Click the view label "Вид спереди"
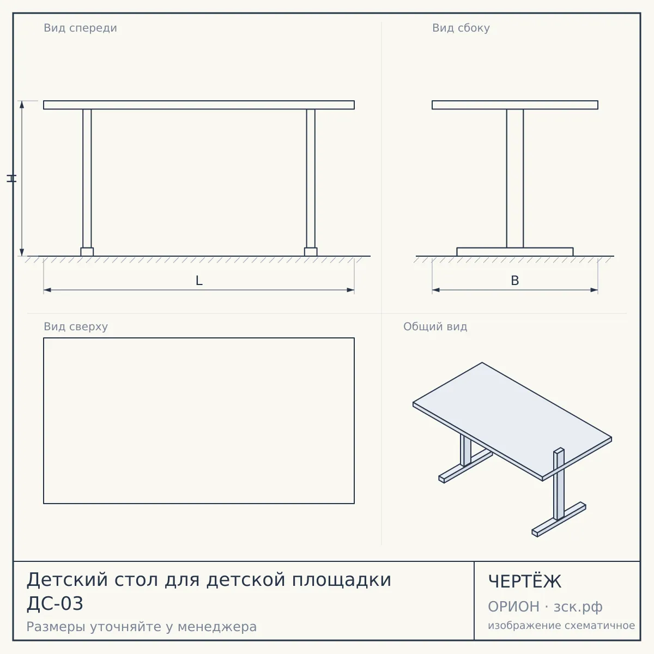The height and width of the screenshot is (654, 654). pos(81,28)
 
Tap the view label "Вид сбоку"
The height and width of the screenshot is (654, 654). pos(461,28)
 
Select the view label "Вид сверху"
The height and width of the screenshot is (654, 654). pos(76,326)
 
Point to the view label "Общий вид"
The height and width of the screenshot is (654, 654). pos(435,326)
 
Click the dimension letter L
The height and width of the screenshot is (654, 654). pos(199,281)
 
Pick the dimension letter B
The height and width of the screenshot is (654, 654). pos(515,281)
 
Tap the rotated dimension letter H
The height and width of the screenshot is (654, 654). pos(11,178)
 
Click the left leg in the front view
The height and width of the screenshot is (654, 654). pos(87,179)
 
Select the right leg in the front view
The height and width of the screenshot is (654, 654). pos(311,179)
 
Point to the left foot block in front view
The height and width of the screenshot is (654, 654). pos(87,252)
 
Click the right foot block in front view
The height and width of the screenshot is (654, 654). pos(311,252)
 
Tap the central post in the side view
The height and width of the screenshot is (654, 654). pos(515,179)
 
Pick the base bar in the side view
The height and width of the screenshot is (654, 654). pos(515,252)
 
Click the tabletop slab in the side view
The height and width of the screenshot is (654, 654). pos(515,105)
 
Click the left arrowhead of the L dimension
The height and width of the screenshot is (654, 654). pos(47,290)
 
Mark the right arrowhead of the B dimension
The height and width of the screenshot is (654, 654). pos(594,290)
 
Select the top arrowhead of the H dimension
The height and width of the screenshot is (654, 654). pos(22,105)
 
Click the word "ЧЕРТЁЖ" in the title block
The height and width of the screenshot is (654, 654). pos(525,582)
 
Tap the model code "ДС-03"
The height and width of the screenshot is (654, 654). pos(55,604)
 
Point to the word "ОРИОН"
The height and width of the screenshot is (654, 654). pos(513,607)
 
